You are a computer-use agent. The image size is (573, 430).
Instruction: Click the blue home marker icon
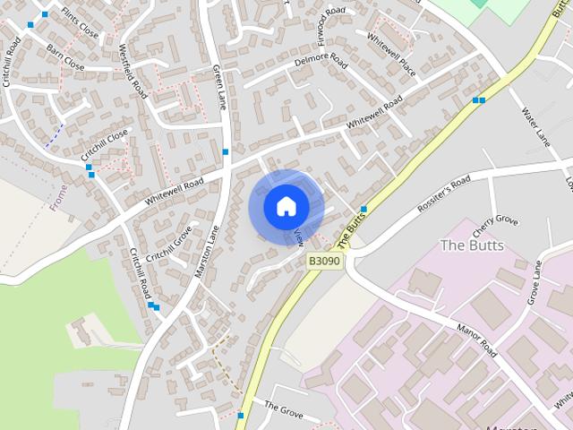click(286, 207)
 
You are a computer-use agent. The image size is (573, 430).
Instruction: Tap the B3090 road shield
click(324, 261)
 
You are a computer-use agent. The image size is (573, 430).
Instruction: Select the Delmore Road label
click(320, 63)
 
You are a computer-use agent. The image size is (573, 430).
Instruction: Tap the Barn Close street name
click(65, 58)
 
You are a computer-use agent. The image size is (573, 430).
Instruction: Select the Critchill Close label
click(106, 144)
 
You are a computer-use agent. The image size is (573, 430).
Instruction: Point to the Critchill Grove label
click(169, 243)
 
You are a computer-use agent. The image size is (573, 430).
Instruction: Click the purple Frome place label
click(60, 197)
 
